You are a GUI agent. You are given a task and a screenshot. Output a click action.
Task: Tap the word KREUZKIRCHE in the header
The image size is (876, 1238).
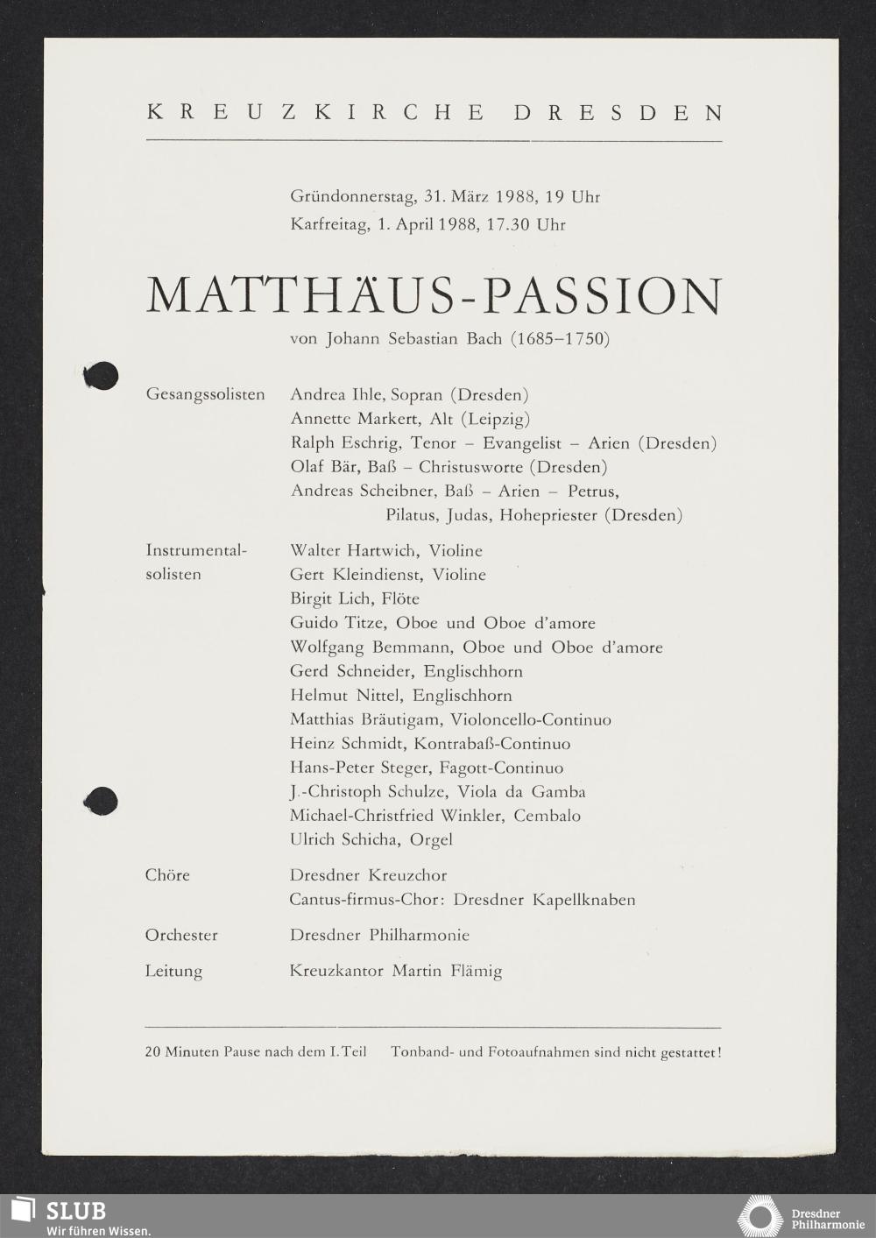click(316, 113)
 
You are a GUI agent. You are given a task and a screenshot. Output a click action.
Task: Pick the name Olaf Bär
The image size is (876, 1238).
click(320, 467)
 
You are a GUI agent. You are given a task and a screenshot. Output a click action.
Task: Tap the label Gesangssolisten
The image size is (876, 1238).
click(205, 394)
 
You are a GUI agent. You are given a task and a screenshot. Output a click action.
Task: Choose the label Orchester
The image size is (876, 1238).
click(181, 935)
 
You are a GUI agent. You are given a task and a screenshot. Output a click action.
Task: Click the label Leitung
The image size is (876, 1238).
click(173, 971)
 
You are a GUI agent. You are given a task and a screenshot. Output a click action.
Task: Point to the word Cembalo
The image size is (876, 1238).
click(547, 816)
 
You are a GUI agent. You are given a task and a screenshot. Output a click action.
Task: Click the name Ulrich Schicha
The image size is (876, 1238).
click(345, 839)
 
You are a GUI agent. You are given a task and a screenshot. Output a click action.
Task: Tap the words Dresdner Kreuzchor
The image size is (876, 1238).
click(368, 875)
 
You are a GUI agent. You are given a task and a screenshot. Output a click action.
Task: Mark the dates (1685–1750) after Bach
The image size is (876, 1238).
click(560, 338)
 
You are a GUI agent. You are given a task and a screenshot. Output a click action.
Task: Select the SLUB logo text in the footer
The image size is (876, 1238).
click(75, 1211)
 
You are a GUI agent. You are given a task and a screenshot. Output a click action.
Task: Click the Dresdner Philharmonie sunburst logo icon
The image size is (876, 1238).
click(759, 1218)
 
